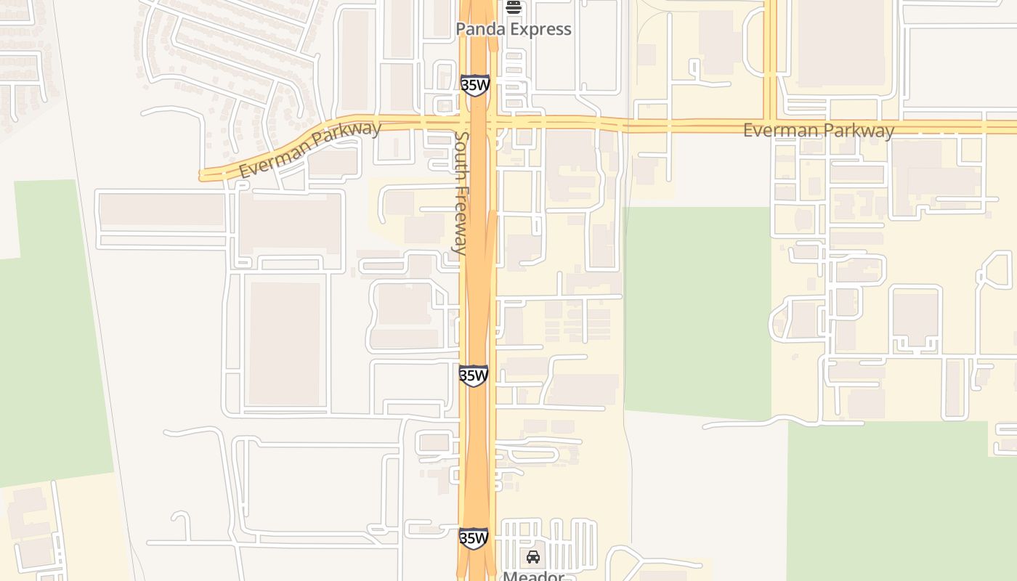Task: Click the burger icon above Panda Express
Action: [x=514, y=7]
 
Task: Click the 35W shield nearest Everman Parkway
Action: [x=475, y=85]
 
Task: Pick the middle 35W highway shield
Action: [x=474, y=375]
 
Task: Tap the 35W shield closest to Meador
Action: [x=474, y=538]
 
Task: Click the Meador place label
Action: [x=533, y=576]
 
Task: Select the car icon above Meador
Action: [x=533, y=557]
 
